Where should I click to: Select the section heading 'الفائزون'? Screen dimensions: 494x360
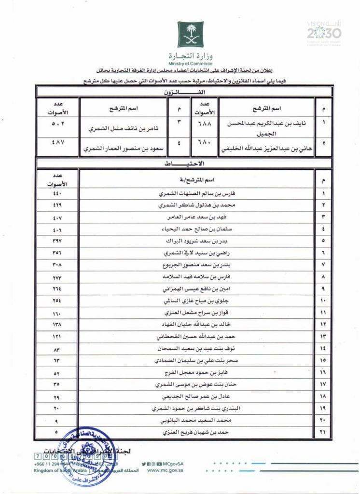(x=184, y=91)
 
